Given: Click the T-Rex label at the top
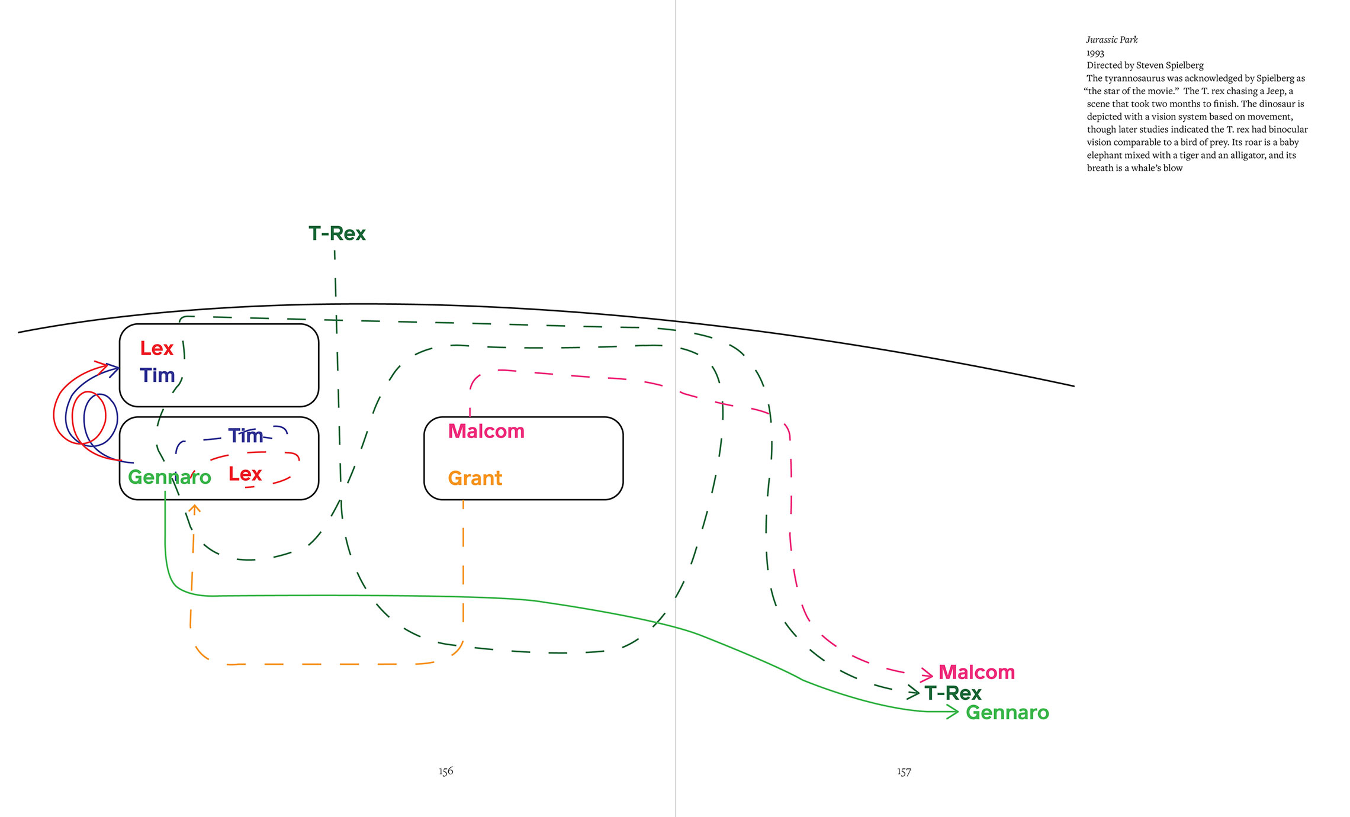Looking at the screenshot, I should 337,233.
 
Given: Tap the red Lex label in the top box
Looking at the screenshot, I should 156,348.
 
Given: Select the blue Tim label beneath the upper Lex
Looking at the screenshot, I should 157,375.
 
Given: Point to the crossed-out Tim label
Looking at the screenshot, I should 246,436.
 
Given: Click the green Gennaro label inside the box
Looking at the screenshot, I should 169,477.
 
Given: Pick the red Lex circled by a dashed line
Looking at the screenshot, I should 245,474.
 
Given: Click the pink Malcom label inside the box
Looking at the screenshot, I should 486,431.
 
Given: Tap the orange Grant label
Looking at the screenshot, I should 475,478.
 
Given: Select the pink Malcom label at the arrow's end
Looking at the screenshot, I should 976,673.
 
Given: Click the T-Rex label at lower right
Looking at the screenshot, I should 953,693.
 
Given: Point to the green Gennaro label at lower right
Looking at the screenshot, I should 1007,712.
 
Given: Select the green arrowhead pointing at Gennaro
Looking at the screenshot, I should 953,712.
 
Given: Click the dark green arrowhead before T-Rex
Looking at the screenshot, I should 914,692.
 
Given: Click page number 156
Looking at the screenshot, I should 446,771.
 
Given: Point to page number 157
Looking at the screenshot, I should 904,771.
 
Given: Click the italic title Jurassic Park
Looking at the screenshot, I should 1112,40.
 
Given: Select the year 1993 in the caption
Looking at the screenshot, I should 1095,53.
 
